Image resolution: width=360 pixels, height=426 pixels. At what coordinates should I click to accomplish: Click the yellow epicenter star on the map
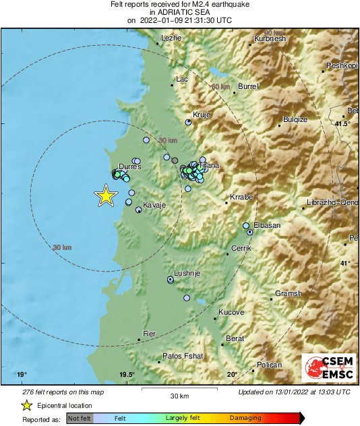point(106,195)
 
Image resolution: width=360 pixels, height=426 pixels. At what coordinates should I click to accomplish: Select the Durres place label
point(129,166)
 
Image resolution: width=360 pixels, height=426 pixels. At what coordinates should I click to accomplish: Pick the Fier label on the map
point(150,334)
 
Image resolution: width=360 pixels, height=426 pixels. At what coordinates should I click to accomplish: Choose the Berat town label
point(235,338)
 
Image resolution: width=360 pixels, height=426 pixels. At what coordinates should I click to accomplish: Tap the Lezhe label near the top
point(172,38)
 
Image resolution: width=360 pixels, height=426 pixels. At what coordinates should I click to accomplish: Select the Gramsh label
point(289,294)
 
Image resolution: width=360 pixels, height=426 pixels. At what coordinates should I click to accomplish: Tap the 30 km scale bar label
point(179,396)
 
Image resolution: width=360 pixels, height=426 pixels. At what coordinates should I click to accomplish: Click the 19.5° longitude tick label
point(127,375)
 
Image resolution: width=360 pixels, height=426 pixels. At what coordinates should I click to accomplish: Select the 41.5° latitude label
point(343,124)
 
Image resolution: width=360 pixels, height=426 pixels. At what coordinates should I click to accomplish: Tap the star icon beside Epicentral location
point(26,405)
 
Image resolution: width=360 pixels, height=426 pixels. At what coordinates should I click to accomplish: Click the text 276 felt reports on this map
point(63,392)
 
